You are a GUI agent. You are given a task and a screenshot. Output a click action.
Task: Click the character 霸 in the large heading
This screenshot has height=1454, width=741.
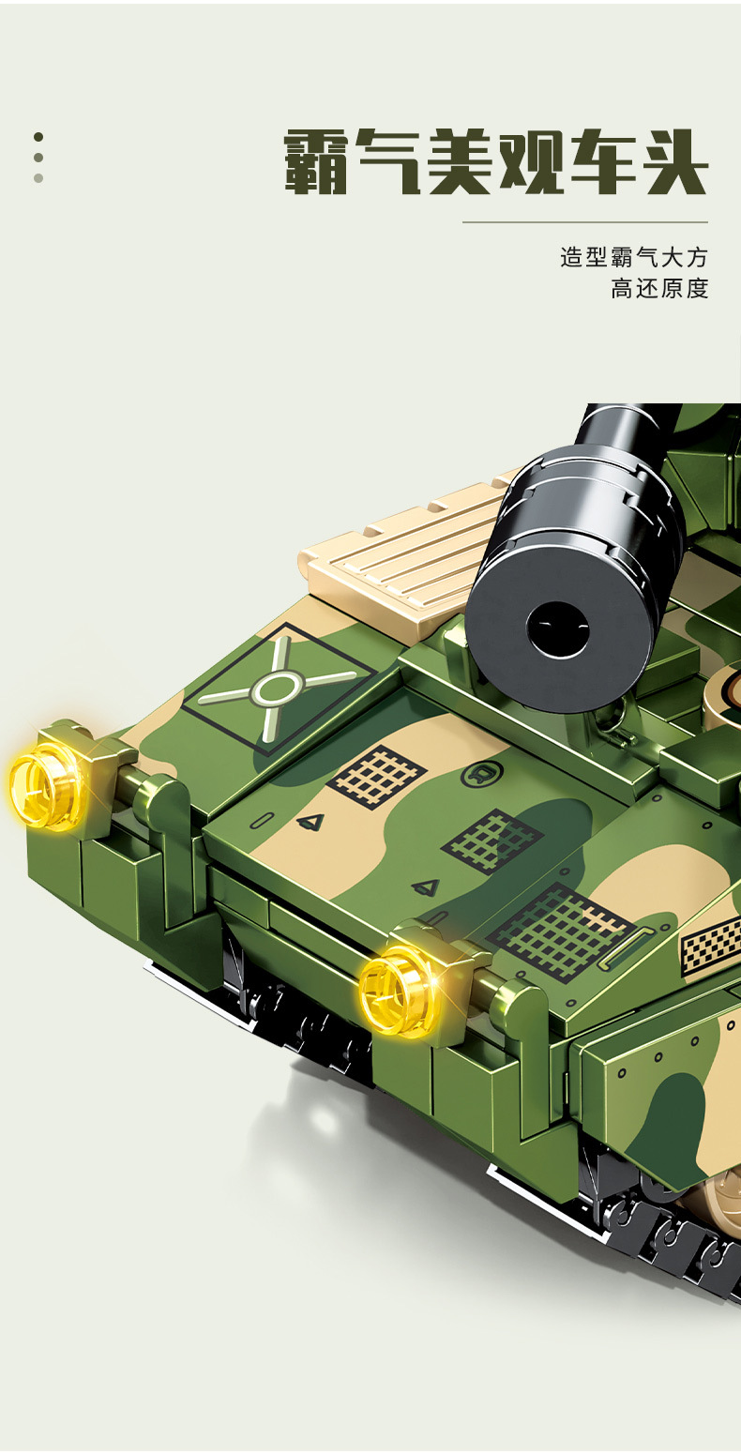315,161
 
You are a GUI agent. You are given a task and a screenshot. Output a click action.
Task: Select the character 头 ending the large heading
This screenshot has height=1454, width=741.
673,161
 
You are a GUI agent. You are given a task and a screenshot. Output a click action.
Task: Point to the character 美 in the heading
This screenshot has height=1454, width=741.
459,161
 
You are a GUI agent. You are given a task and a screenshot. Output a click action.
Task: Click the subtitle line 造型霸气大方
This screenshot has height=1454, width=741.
634,258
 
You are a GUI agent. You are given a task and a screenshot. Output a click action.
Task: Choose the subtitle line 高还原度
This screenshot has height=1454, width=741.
659,288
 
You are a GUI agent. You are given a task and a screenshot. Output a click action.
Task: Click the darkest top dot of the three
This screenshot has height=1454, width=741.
38,137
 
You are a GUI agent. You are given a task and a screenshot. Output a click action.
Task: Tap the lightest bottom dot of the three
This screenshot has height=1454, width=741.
38,178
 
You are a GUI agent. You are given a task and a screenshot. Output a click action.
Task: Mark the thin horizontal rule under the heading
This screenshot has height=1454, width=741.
585,222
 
